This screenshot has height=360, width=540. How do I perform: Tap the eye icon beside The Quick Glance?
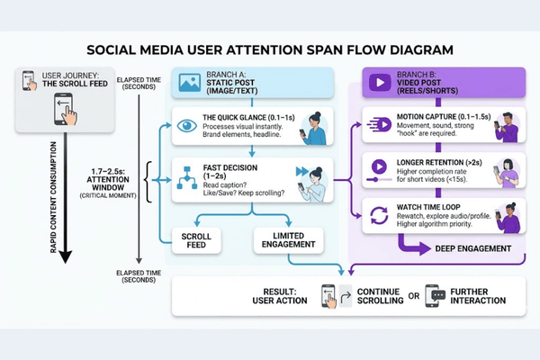[x=185, y=126]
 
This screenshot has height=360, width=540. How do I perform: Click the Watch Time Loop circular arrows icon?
[x=377, y=213]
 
